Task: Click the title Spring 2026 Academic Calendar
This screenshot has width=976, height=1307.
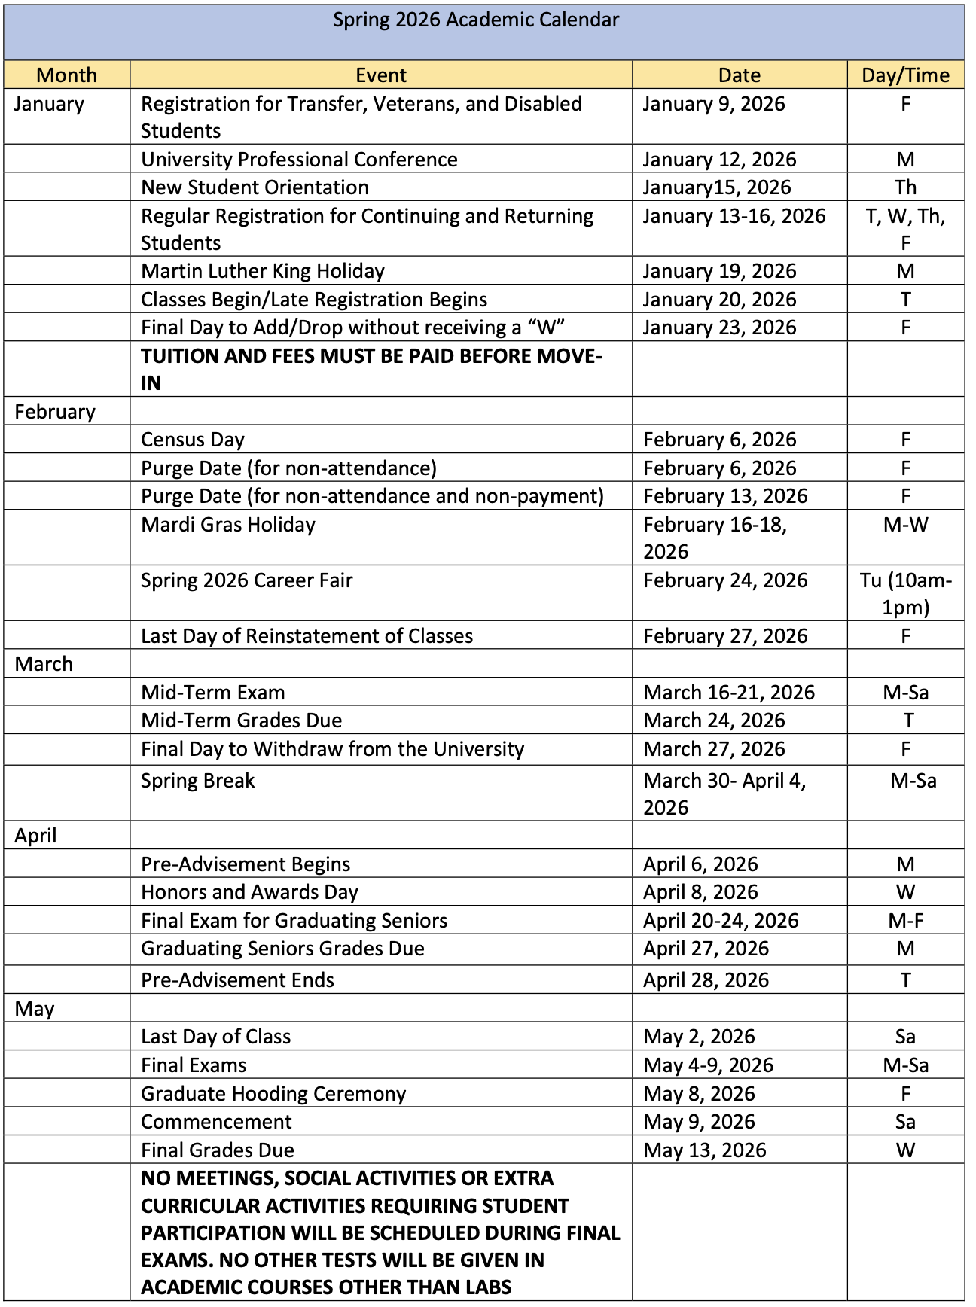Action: (476, 20)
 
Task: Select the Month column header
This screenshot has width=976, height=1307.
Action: (66, 75)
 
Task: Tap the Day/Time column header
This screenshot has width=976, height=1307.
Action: (905, 75)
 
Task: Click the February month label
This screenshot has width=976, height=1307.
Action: (55, 411)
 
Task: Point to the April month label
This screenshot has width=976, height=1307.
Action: (35, 835)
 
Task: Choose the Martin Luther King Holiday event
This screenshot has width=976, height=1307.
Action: (263, 270)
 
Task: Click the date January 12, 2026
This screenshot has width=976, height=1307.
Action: (719, 159)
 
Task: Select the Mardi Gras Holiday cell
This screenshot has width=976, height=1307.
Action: (228, 524)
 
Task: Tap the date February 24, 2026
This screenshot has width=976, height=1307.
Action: (725, 580)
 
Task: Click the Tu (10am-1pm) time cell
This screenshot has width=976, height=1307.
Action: (905, 593)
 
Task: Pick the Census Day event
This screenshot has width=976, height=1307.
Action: (193, 439)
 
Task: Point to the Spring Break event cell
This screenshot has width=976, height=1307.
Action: (198, 780)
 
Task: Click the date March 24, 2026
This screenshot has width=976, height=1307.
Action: (714, 720)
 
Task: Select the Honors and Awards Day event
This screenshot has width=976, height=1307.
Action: (249, 891)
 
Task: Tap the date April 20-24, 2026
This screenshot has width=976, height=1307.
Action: (721, 920)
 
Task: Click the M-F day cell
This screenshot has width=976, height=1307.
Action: (905, 920)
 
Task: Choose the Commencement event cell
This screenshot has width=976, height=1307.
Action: (216, 1121)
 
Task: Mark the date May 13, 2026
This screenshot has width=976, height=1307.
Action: (705, 1150)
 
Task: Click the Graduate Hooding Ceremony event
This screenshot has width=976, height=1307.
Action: (273, 1093)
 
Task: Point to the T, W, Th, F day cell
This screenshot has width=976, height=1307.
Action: (905, 229)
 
